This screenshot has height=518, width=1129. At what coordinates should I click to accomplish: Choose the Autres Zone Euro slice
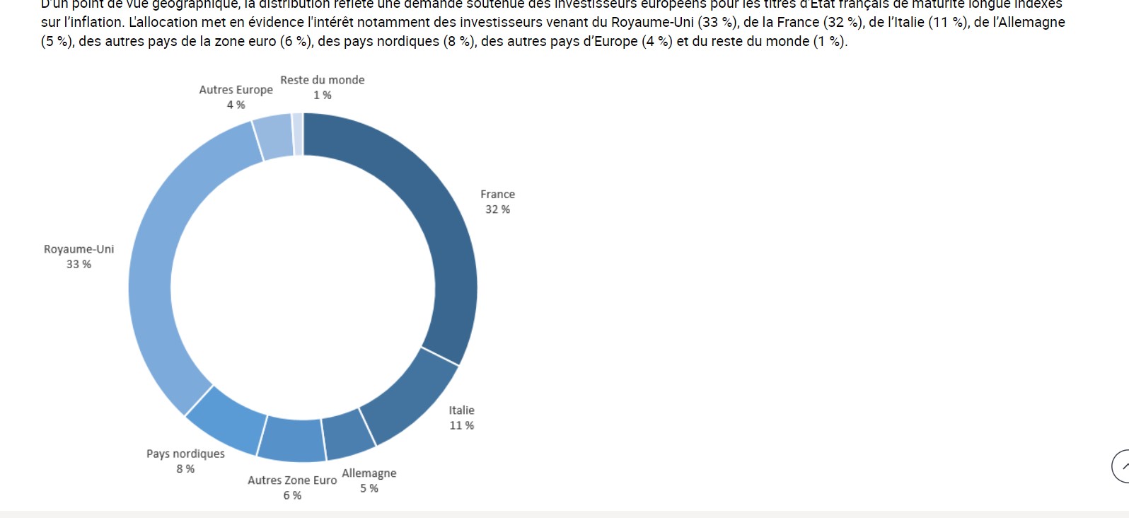coord(292,439)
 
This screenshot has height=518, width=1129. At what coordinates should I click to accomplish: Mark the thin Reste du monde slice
coord(298,134)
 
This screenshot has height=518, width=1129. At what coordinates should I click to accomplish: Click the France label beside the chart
coord(497,194)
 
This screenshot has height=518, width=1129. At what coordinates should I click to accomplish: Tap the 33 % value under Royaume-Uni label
coord(79,264)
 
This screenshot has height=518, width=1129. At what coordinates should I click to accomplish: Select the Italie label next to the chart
coord(461,410)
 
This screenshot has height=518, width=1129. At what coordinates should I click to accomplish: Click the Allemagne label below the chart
coord(369,473)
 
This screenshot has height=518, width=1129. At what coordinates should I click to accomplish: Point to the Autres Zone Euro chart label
coord(292,480)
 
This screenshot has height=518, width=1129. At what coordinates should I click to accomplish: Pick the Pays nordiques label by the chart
coord(185,454)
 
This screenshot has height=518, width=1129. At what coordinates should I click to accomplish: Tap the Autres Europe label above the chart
coord(236,90)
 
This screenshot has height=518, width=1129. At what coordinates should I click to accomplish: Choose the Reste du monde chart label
coord(322,80)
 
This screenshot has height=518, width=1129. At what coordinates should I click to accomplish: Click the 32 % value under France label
coord(497,209)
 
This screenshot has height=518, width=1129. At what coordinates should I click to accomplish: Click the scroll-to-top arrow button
coord(1122,466)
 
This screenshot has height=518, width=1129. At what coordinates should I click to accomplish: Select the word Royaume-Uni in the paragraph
coord(651,22)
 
